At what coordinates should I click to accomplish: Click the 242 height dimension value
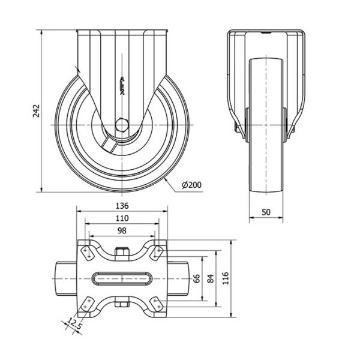36,111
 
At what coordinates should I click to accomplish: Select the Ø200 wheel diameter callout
191,185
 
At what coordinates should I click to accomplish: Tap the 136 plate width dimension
122,206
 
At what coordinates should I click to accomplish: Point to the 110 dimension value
122,218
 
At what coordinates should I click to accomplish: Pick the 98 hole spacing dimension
122,230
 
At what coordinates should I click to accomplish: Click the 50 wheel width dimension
266,212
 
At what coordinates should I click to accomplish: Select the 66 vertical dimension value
197,278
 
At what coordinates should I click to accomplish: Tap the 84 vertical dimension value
211,278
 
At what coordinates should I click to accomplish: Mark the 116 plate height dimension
226,278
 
